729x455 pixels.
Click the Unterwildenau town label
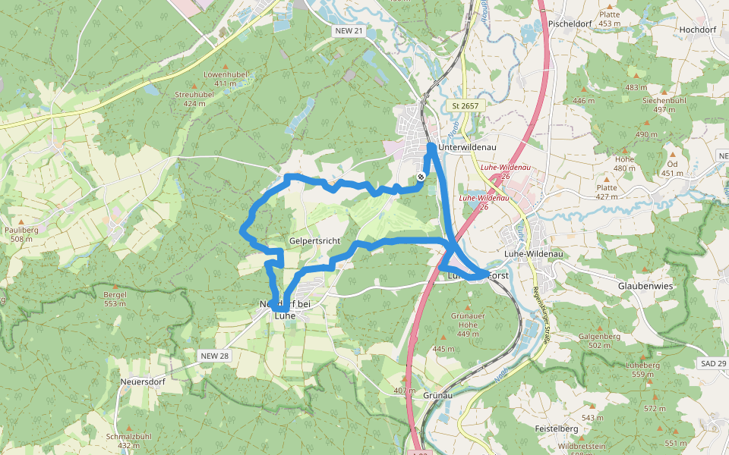(x=462, y=147)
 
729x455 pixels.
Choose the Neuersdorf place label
(x=143, y=381)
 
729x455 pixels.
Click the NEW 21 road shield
(x=349, y=30)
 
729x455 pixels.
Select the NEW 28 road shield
(x=214, y=355)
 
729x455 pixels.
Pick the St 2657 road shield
(x=465, y=105)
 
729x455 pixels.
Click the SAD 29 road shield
(x=713, y=364)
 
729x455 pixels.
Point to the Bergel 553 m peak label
(x=114, y=298)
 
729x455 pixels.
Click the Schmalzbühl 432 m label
(x=129, y=441)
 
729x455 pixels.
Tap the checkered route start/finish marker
(x=421, y=177)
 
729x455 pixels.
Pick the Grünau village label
(x=437, y=396)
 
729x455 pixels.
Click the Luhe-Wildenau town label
(x=532, y=254)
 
